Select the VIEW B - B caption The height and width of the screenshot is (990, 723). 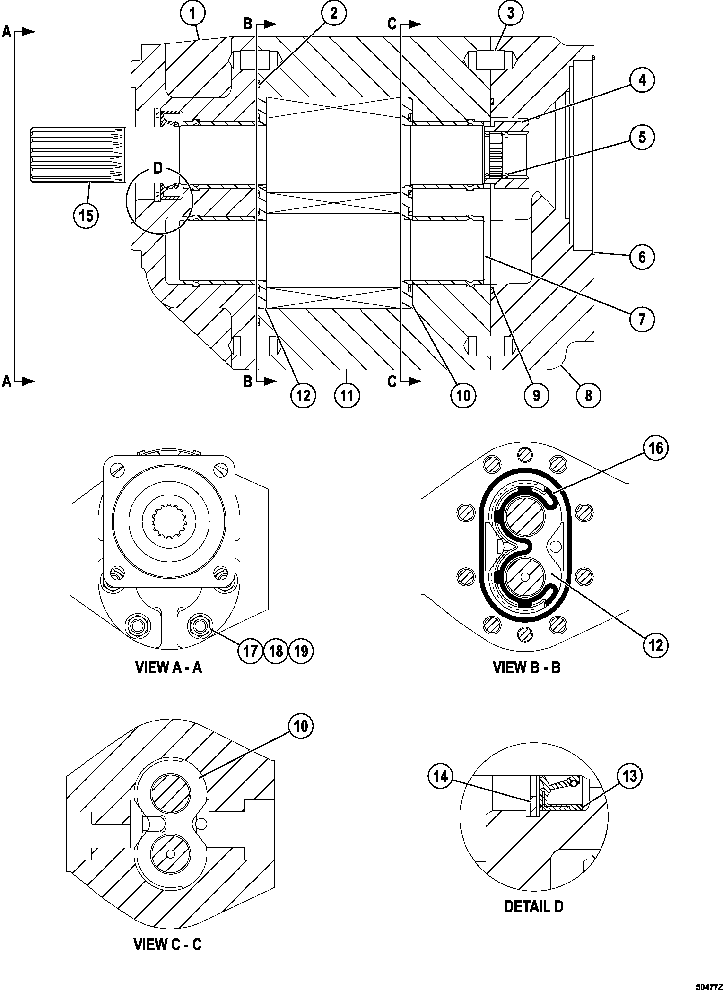pos(526,680)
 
